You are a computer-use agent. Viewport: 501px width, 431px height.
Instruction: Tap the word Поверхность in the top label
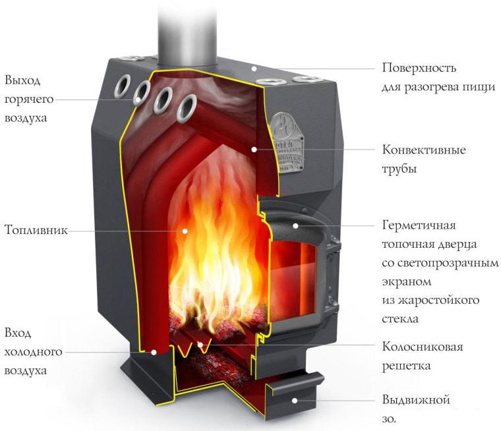[419, 69]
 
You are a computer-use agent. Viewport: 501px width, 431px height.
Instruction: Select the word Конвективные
[424, 150]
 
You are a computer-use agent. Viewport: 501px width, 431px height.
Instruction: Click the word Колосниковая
[423, 347]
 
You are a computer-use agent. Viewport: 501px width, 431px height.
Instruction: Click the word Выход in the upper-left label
[22, 81]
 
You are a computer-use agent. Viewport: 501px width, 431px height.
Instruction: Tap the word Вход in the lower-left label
[18, 333]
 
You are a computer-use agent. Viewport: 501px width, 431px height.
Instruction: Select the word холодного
[33, 352]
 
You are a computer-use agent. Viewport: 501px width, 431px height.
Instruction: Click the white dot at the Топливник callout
[185, 231]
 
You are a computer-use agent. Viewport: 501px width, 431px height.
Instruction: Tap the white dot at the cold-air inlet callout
[154, 353]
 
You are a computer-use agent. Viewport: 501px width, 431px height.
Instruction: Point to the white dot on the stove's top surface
[252, 68]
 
